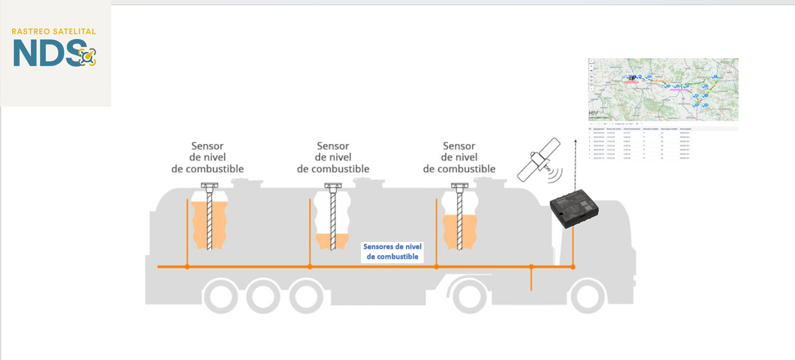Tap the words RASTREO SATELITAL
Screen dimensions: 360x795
coord(54,32)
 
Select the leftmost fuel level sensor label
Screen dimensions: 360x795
coord(207,158)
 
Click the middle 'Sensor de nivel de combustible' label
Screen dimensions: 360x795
coord(333,158)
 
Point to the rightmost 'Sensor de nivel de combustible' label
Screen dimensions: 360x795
coord(459,158)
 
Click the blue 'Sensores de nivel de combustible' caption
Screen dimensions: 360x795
coord(392,252)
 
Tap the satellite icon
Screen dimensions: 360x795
coord(539,160)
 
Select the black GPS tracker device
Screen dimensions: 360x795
coord(574,210)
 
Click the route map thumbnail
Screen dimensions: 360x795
coord(663,89)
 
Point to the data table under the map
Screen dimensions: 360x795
coord(663,143)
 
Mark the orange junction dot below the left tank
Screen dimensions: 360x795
coord(187,267)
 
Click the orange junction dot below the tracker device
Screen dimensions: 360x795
coord(573,267)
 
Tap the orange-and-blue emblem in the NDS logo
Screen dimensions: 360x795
coord(88,56)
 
